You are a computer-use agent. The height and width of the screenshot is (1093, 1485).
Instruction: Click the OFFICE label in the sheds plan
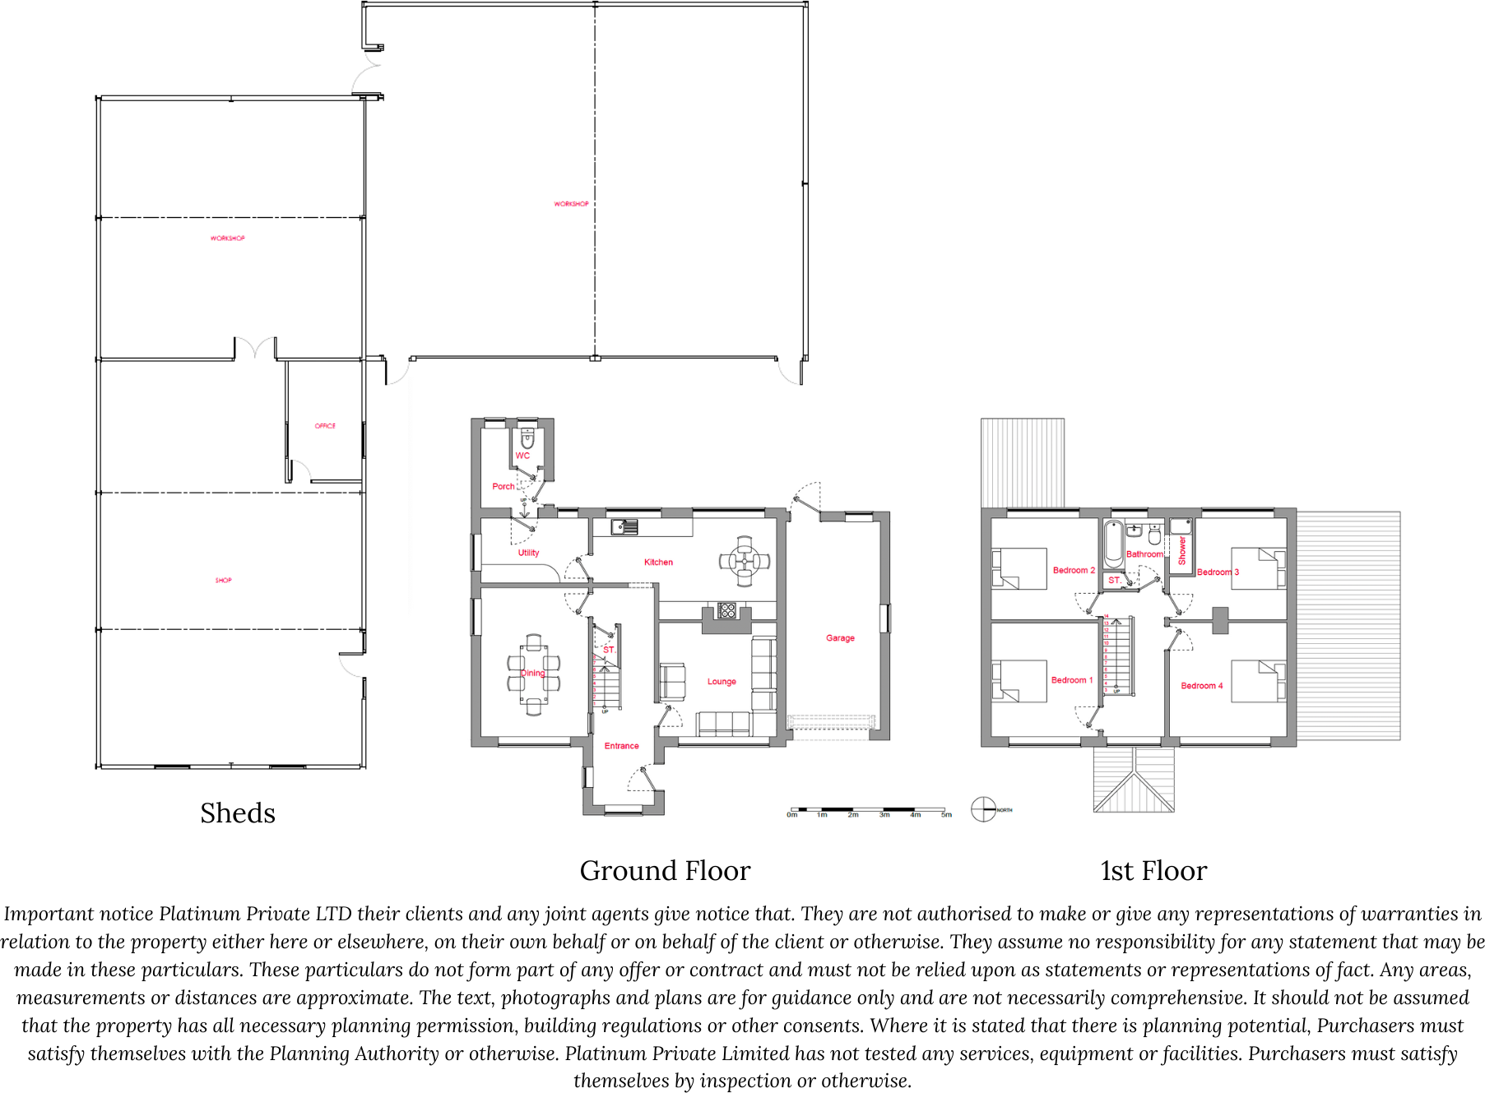[x=325, y=426]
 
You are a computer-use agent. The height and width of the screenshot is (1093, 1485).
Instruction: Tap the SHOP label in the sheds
[x=223, y=580]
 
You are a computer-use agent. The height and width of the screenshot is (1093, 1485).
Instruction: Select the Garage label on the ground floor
[x=840, y=638]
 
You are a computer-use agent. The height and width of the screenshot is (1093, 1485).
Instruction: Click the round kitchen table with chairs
[x=745, y=561]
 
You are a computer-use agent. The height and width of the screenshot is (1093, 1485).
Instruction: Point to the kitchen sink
[x=624, y=527]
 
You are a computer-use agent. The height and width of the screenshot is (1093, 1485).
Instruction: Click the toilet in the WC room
[x=527, y=438]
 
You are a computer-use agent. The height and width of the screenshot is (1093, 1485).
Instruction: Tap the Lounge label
[x=722, y=682]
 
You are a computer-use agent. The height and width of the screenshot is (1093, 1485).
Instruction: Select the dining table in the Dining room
[x=533, y=674]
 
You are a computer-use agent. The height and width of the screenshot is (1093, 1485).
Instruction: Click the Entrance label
[x=621, y=746]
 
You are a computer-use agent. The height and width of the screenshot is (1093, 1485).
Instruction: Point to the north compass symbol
[x=984, y=809]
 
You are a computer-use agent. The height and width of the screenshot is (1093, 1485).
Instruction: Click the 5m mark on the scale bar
[x=946, y=815]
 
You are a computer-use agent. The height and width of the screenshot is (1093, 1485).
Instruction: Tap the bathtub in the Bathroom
[x=1114, y=544]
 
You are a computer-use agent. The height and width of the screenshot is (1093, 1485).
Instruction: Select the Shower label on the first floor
[x=1182, y=550]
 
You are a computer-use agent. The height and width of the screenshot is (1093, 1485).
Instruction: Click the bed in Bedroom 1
[x=1020, y=681]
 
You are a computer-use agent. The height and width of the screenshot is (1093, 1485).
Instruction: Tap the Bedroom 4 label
[x=1201, y=686]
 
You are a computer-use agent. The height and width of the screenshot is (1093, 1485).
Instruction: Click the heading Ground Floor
[x=665, y=871]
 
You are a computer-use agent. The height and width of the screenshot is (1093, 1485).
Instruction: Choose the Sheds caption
[x=238, y=813]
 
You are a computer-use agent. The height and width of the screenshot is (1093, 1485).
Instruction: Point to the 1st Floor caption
[x=1153, y=871]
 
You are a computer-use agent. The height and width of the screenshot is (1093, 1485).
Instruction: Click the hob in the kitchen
[x=727, y=610]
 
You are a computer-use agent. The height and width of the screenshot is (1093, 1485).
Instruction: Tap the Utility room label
[x=528, y=553]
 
